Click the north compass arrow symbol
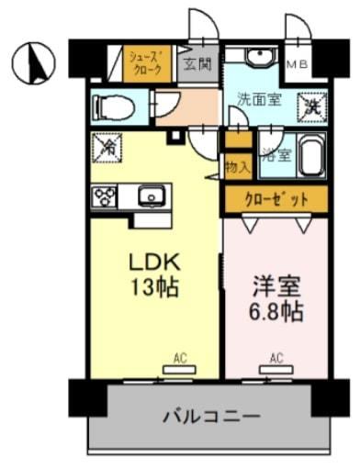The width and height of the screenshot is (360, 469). click(34, 61)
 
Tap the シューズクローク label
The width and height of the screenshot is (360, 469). click(146, 64)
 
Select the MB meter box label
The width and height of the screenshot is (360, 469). click(296, 64)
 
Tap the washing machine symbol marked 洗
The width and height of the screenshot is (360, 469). click(313, 106)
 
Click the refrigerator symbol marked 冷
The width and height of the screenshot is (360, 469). click(107, 145)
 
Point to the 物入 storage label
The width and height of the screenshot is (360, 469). click(237, 168)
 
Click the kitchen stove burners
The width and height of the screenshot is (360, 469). click(104, 195)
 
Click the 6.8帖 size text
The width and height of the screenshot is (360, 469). click(277, 310)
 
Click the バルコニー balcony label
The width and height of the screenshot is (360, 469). click(211, 415)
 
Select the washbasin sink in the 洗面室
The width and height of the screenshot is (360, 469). click(258, 58)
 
